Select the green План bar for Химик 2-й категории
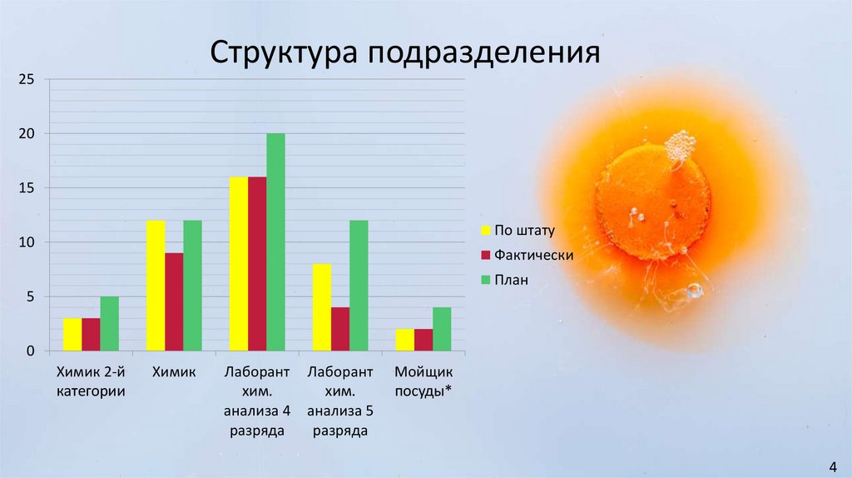[x=109, y=324]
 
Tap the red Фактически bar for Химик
[x=174, y=301]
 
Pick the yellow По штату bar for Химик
[x=156, y=286]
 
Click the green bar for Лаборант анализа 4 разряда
[x=275, y=241]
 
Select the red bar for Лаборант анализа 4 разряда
[x=257, y=263]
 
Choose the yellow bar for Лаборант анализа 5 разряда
[x=322, y=307]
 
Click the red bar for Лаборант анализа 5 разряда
[x=340, y=329]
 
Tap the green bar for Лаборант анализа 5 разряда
[x=359, y=286]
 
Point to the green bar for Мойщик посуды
[x=442, y=329]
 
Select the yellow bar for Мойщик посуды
[x=405, y=340]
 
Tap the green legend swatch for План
[x=485, y=281]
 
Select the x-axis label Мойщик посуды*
[x=424, y=381]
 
